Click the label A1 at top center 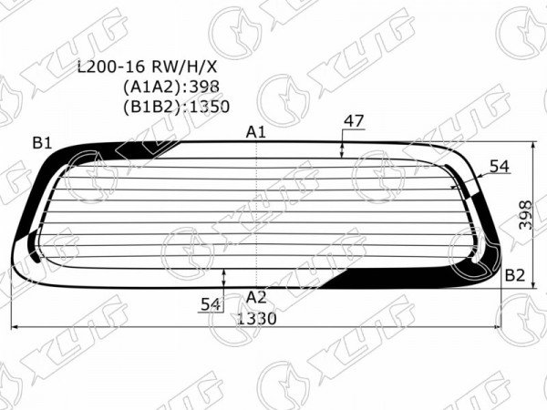click(256, 132)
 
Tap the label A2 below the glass click(256, 297)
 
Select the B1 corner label click(42, 143)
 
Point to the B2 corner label click(515, 275)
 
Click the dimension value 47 click(354, 121)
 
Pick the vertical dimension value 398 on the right click(525, 215)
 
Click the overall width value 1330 click(257, 318)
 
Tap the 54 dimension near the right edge click(500, 167)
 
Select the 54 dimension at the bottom click(211, 304)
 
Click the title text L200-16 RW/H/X click(147, 67)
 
